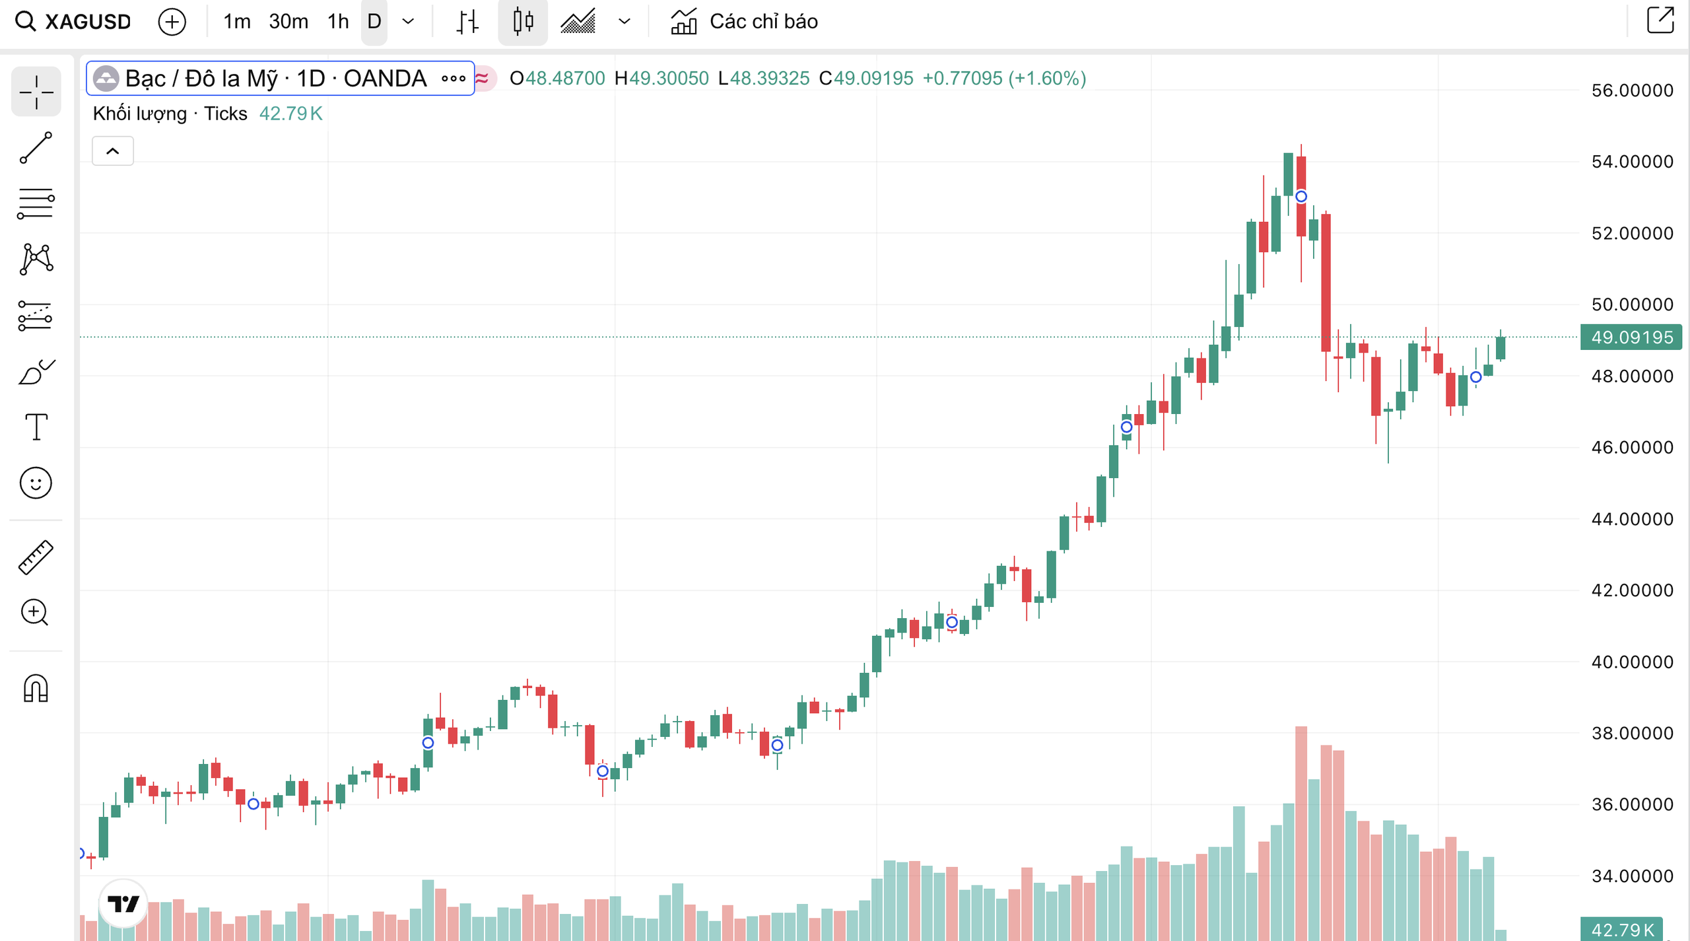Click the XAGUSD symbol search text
(88, 22)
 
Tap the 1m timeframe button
(236, 22)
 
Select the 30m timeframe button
(288, 22)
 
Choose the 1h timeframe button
(338, 22)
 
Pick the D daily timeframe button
(374, 22)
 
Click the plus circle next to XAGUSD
(172, 22)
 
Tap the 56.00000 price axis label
(1632, 90)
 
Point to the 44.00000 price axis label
(1632, 519)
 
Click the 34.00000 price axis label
(1632, 876)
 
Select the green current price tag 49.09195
(1632, 337)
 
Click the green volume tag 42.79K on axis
(1622, 930)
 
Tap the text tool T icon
(36, 427)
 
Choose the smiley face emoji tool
(36, 483)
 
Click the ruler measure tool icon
(36, 557)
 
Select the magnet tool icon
(36, 688)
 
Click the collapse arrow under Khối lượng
(113, 151)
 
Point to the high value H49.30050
(661, 79)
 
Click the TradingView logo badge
(123, 903)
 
